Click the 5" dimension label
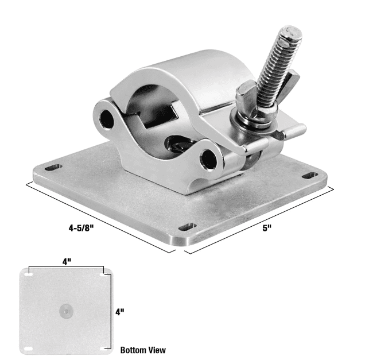(x=267, y=228)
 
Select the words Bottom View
(x=143, y=350)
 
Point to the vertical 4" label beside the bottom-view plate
(x=119, y=312)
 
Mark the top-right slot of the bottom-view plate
(x=103, y=276)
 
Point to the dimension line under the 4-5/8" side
(x=100, y=218)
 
